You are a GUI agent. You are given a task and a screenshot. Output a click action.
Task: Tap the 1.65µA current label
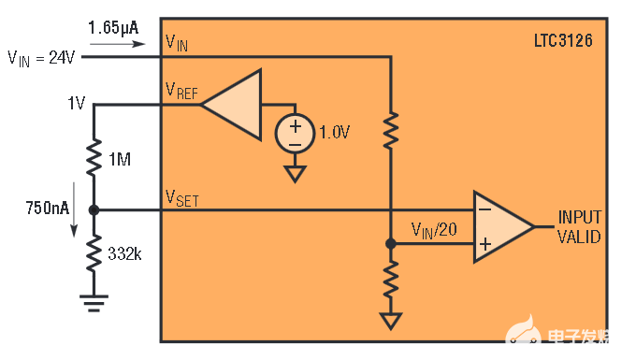click(x=113, y=27)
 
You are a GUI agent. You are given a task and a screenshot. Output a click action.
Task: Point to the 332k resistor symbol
click(x=94, y=252)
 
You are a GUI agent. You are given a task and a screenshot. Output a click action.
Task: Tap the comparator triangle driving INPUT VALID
click(x=500, y=225)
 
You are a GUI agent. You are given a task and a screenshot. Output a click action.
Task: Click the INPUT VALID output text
click(x=580, y=226)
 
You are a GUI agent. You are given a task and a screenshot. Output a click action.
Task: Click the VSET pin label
click(x=181, y=197)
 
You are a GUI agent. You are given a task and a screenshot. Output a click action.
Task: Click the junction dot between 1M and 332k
click(x=94, y=209)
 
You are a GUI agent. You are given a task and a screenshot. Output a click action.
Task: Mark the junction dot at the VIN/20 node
click(x=391, y=243)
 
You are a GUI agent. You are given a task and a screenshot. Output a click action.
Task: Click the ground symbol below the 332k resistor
click(x=94, y=300)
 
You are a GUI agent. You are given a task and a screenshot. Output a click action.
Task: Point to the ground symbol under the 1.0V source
click(x=295, y=173)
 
